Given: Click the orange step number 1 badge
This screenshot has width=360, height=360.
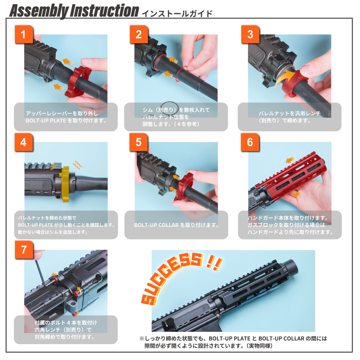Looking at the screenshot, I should coord(24,34).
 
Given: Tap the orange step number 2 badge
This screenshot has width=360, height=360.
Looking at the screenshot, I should coord(139,34).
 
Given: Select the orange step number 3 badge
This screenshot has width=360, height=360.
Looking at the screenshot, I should coord(250,34).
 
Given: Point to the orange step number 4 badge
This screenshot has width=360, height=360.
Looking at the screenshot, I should coord(24,142).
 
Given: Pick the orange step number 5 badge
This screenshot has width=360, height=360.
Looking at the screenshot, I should coord(139,142).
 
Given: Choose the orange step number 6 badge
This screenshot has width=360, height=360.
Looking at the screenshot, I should coord(250,142).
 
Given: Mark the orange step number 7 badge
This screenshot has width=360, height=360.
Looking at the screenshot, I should coord(24,250).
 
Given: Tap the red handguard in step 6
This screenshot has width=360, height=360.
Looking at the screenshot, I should coord(288,179).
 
